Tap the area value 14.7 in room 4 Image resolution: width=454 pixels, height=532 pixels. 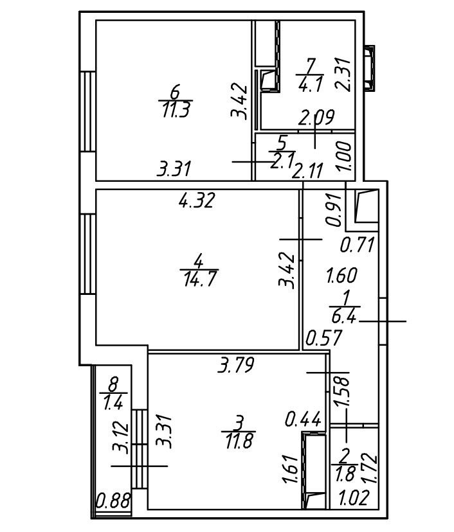tap(199, 278)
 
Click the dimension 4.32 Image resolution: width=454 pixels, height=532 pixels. tap(197, 200)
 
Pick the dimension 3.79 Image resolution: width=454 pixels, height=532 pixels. tap(237, 366)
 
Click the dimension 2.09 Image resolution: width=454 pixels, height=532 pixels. tap(315, 117)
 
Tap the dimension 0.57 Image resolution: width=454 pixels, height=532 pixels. tap(323, 337)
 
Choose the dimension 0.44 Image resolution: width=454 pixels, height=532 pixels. tap(302, 420)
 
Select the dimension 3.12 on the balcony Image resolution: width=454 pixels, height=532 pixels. tap(120, 436)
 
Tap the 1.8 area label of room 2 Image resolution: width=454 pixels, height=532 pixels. tap(345, 476)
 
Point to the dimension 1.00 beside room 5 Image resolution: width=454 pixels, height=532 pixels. tap(345, 155)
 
